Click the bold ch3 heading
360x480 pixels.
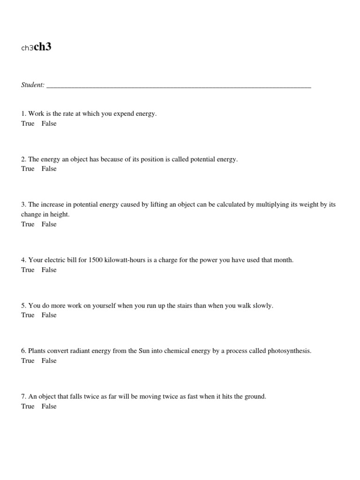pos(43,47)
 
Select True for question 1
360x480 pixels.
pos(28,123)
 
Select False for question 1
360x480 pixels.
pos(49,123)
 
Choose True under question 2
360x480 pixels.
pos(28,169)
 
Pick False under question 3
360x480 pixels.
pos(49,224)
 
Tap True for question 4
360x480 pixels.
pos(28,270)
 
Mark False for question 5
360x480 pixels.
pos(49,315)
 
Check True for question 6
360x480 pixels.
pos(28,360)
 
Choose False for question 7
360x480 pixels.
pos(49,406)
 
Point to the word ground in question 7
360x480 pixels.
pos(254,397)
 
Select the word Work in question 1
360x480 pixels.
pos(36,113)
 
